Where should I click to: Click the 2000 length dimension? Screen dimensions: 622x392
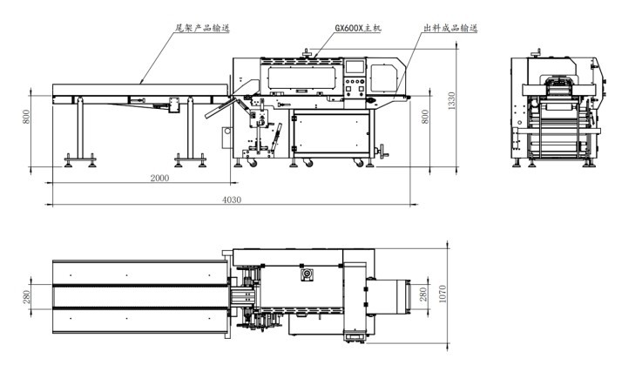point(159,178)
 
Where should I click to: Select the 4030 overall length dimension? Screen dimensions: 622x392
point(231,199)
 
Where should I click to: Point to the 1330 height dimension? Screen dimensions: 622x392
point(451,101)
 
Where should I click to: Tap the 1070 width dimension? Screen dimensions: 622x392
point(443,294)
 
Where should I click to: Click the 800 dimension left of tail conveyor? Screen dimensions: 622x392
point(26,116)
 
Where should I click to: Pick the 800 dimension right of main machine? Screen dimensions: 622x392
point(425,116)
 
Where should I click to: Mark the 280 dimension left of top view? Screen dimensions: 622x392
point(26,296)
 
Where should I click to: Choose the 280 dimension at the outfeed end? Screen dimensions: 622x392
point(423,294)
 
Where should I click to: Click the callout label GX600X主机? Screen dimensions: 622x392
point(358,28)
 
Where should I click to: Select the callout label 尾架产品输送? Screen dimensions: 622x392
point(202,28)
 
